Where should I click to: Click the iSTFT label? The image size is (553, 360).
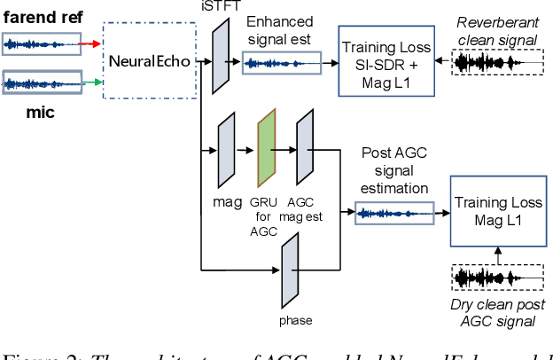pyautogui.click(x=221, y=7)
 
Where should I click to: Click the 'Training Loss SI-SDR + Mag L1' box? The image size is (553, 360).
pyautogui.click(x=387, y=61)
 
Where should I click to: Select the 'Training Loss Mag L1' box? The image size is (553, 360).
pyautogui.click(x=497, y=209)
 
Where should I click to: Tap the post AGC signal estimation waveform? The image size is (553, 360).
pyautogui.click(x=395, y=212)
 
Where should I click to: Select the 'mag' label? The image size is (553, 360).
pyautogui.click(x=221, y=202)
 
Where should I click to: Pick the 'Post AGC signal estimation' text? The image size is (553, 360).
pyautogui.click(x=393, y=170)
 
